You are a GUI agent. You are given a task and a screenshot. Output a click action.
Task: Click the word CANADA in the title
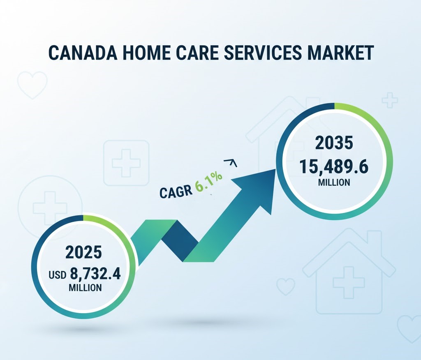[83, 53]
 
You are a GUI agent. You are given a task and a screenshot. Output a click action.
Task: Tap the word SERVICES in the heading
[263, 53]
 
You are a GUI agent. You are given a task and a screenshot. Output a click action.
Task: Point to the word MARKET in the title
[340, 53]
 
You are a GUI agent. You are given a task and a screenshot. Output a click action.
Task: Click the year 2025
[84, 252]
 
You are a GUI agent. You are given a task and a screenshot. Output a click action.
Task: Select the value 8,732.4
[95, 274]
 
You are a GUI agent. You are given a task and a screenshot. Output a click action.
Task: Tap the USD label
[58, 275]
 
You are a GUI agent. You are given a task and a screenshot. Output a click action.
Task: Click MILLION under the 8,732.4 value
[85, 288]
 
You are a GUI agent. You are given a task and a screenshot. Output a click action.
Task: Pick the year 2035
[334, 143]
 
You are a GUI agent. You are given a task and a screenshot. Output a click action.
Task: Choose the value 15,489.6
[334, 166]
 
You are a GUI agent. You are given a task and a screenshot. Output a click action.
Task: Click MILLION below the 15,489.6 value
[334, 182]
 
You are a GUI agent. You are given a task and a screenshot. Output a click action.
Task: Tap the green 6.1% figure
[208, 182]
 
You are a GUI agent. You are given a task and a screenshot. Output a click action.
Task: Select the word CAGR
[176, 191]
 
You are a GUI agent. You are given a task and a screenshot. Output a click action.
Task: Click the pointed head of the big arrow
[275, 169]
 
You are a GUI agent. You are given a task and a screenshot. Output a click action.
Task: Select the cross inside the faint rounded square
[126, 163]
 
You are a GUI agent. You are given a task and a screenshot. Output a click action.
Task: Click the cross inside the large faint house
[349, 282]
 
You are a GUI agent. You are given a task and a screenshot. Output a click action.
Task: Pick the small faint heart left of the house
[286, 286]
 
